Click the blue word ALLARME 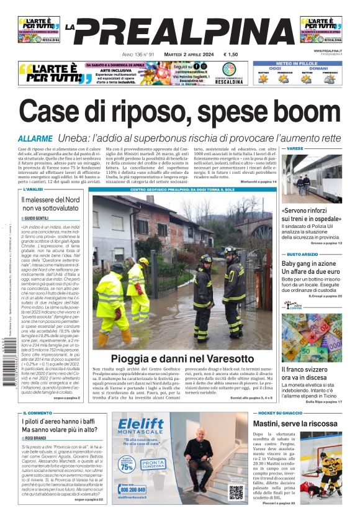point(35,138)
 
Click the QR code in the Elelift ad point(236,491)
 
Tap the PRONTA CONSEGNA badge point(153,464)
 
